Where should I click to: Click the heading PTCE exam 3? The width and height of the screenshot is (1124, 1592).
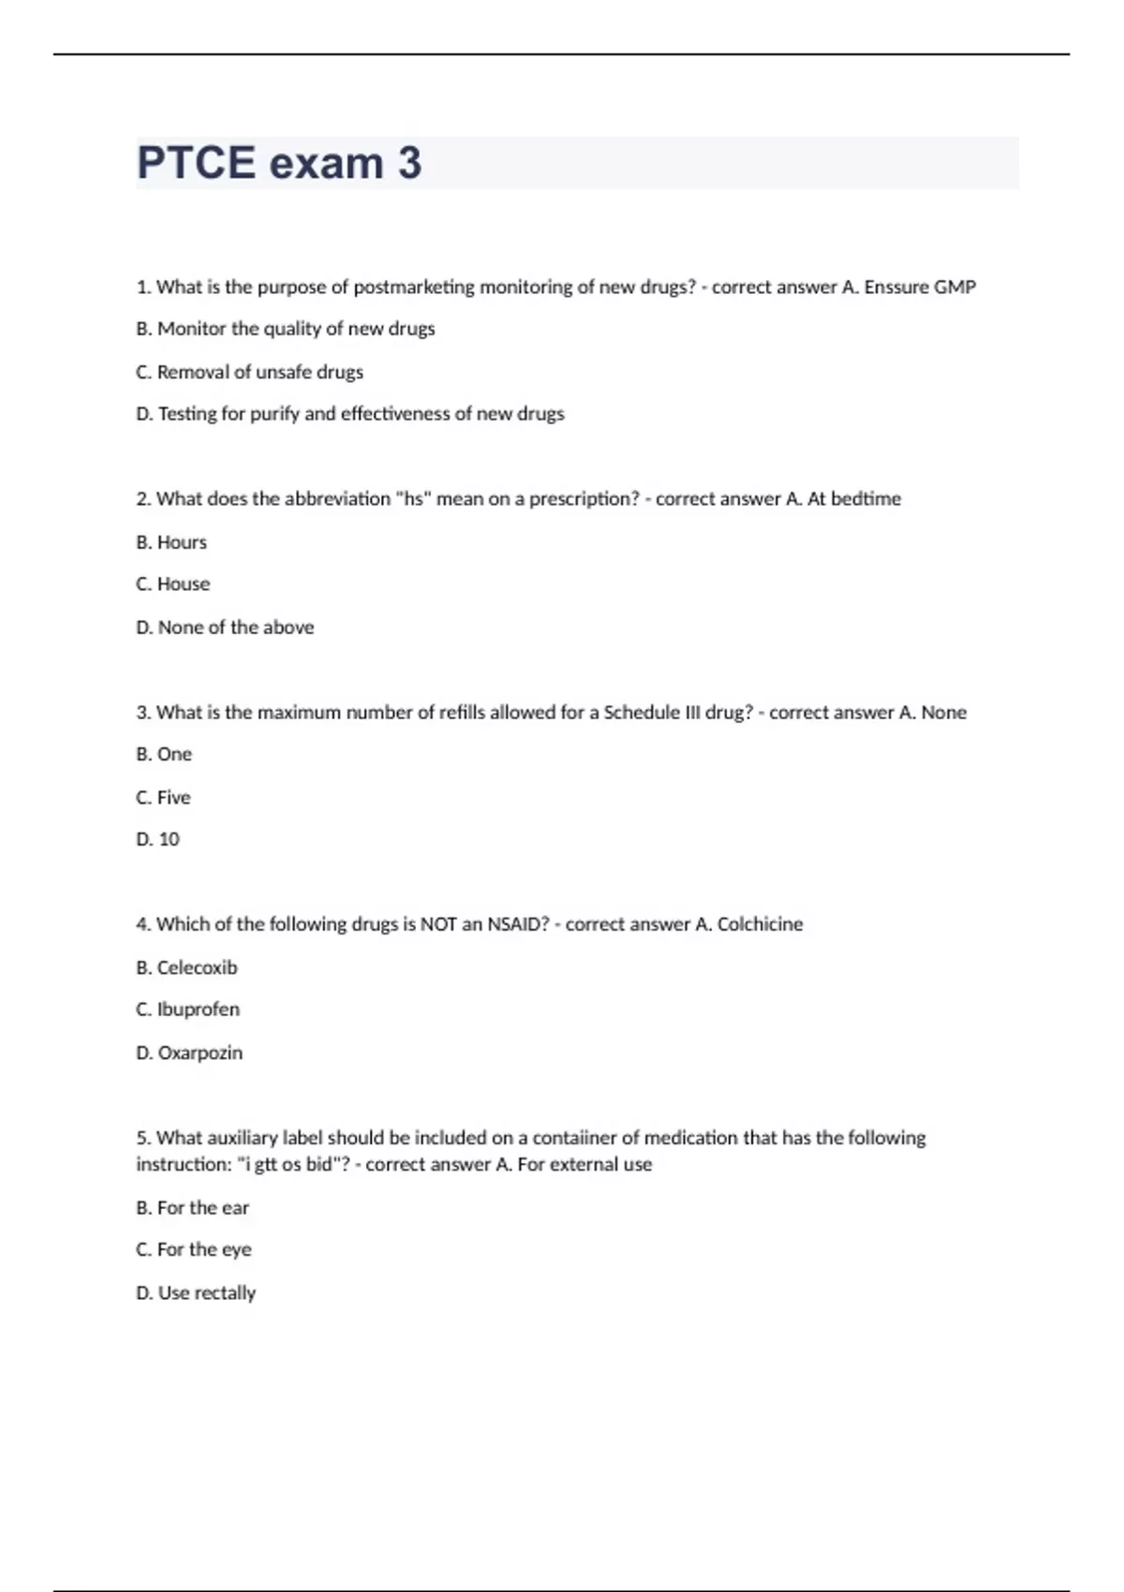(279, 163)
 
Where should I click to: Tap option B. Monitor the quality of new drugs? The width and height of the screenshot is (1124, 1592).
(286, 329)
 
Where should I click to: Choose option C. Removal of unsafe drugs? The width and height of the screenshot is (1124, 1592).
(249, 372)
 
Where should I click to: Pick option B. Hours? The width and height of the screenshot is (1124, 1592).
(171, 542)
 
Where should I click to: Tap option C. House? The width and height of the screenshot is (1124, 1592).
(173, 584)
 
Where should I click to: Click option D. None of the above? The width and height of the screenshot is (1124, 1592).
(225, 627)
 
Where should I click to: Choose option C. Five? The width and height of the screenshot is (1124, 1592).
(163, 798)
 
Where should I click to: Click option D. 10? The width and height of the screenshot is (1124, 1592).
(157, 840)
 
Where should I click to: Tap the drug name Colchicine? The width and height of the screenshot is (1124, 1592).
(760, 924)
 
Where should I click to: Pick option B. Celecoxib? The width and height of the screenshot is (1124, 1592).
(186, 967)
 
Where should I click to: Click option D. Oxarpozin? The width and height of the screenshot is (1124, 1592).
(189, 1053)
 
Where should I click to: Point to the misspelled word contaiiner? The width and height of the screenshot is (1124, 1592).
(574, 1138)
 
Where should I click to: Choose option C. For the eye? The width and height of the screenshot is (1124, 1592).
(194, 1249)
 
